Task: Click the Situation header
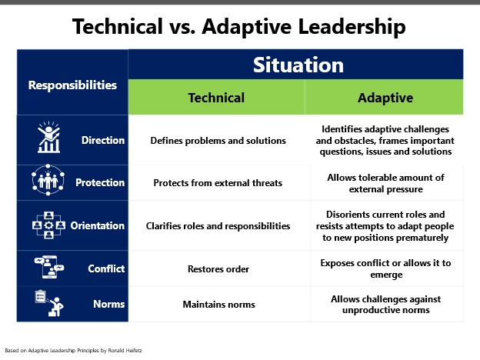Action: (x=298, y=65)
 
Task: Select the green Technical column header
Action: (x=216, y=98)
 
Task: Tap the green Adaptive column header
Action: (x=385, y=98)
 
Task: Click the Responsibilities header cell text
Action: (x=72, y=85)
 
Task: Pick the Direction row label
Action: (x=103, y=140)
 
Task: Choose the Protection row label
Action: (x=100, y=182)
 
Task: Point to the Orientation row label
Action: (x=98, y=225)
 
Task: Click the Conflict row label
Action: (x=106, y=268)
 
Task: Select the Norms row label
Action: (x=109, y=304)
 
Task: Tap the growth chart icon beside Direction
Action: (x=48, y=137)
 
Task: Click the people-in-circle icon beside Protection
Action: (x=48, y=180)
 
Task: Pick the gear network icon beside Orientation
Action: (x=48, y=225)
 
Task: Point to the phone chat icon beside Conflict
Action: (x=49, y=267)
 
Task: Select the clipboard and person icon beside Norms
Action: (x=49, y=303)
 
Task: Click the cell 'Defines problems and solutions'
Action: (x=218, y=141)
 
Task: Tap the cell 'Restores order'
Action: (x=218, y=268)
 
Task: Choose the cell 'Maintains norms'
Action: (x=219, y=305)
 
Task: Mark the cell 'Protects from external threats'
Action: (x=218, y=183)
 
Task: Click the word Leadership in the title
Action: (x=352, y=27)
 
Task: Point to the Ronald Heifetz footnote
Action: (x=74, y=351)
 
